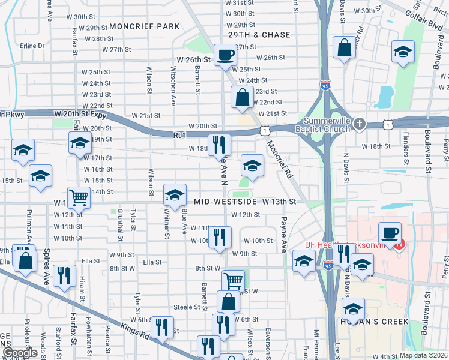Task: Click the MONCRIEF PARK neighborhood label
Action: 144,26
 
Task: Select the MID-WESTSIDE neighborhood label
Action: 224,202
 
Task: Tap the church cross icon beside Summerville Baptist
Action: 360,124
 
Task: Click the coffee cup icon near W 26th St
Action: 225,55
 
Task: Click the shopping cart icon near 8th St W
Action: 233,279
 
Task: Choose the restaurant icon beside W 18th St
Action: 219,144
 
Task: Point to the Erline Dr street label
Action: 32,46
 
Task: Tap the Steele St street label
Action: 186,307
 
